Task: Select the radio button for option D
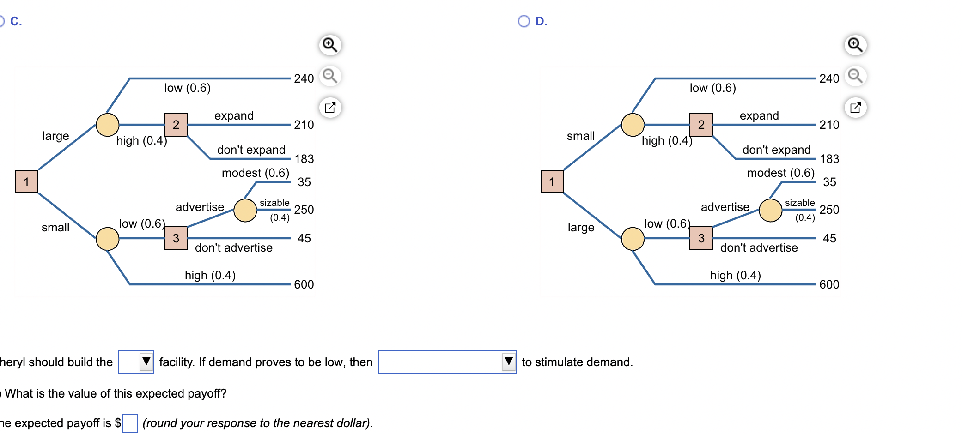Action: point(524,21)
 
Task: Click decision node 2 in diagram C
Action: point(176,125)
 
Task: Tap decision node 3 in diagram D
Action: point(701,238)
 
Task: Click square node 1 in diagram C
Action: point(27,181)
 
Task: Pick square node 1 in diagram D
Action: point(552,181)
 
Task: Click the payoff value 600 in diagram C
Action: point(304,284)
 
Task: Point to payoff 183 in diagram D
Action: point(829,159)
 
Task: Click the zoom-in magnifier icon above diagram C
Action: point(330,45)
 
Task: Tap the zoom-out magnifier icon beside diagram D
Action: point(855,76)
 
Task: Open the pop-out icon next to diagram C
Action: point(330,108)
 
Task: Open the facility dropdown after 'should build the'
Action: point(136,362)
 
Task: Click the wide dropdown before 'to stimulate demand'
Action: point(447,362)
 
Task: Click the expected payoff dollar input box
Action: point(130,423)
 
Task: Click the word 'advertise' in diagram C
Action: point(200,207)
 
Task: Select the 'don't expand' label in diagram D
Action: point(776,150)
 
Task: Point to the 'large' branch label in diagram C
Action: point(55,136)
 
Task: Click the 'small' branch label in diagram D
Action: point(581,136)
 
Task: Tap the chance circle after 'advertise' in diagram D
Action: point(771,211)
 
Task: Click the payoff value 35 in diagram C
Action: point(304,182)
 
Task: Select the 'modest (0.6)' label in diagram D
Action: point(781,173)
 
